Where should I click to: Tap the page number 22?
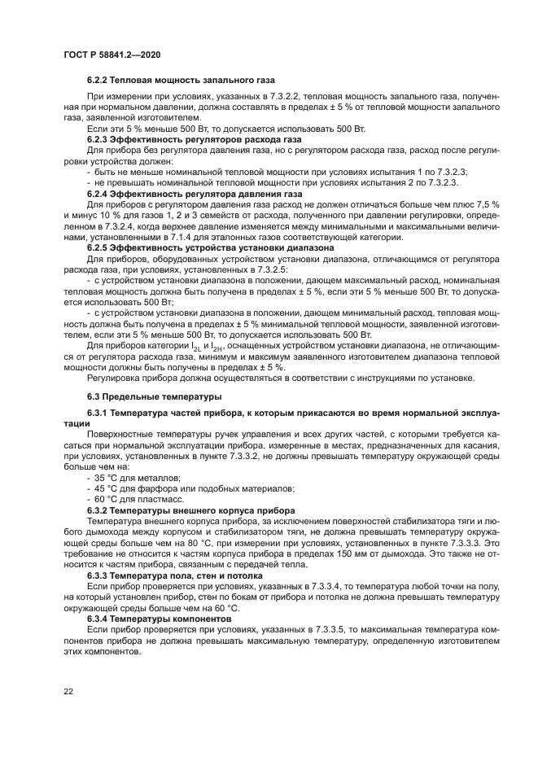click(68, 691)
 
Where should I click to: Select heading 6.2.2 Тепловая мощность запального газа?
click(182, 81)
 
